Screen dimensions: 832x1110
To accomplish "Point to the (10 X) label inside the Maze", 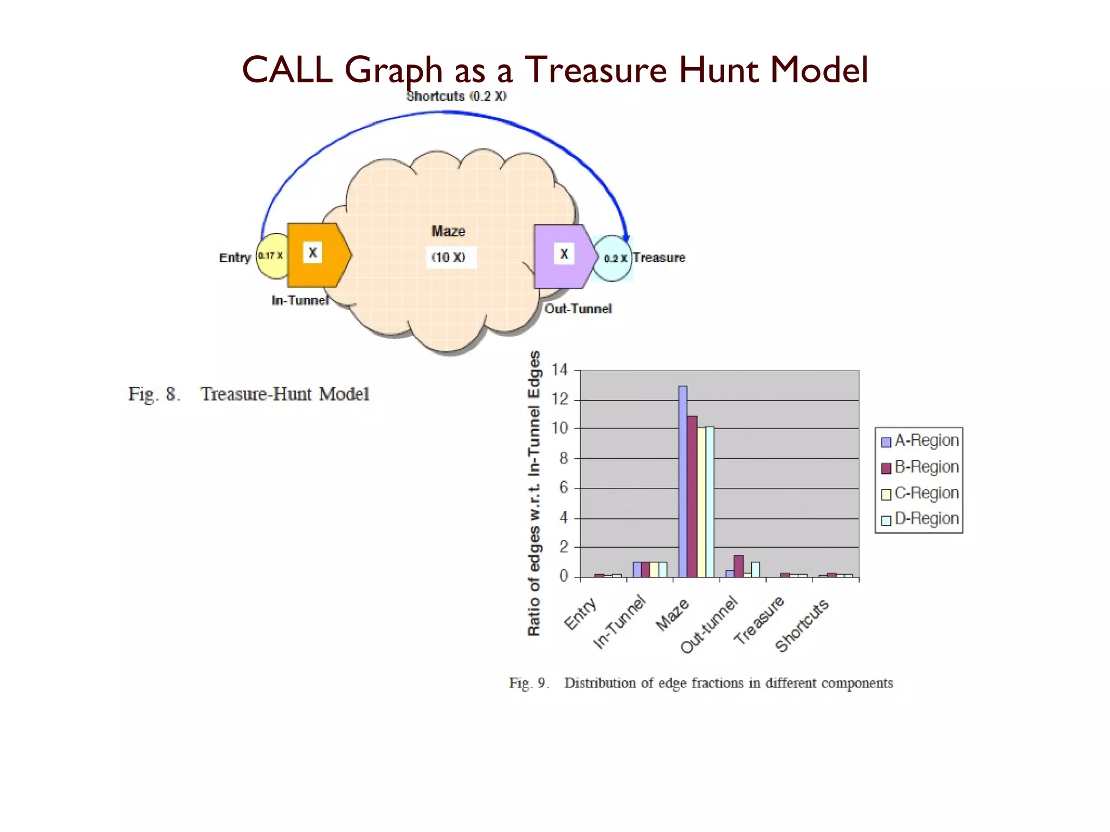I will [448, 257].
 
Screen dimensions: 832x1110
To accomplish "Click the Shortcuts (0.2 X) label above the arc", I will [456, 96].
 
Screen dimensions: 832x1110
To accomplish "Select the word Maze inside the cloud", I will [448, 231].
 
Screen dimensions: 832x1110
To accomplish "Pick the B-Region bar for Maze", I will [692, 496].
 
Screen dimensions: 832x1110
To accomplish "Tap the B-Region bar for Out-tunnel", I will [738, 566].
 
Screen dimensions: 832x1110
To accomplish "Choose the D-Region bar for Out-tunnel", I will [756, 569].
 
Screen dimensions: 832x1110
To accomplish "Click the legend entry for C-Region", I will [920, 493].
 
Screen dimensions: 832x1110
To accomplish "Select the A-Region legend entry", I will [920, 441].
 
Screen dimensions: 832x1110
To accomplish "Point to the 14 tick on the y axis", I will [559, 370].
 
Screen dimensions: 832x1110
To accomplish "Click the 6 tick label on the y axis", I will [563, 488].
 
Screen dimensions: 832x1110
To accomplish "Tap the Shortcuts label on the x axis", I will [802, 626].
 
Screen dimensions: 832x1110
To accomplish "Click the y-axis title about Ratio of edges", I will [534, 493].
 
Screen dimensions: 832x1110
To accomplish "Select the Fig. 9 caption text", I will [701, 683].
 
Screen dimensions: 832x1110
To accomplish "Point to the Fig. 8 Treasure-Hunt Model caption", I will [249, 394].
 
